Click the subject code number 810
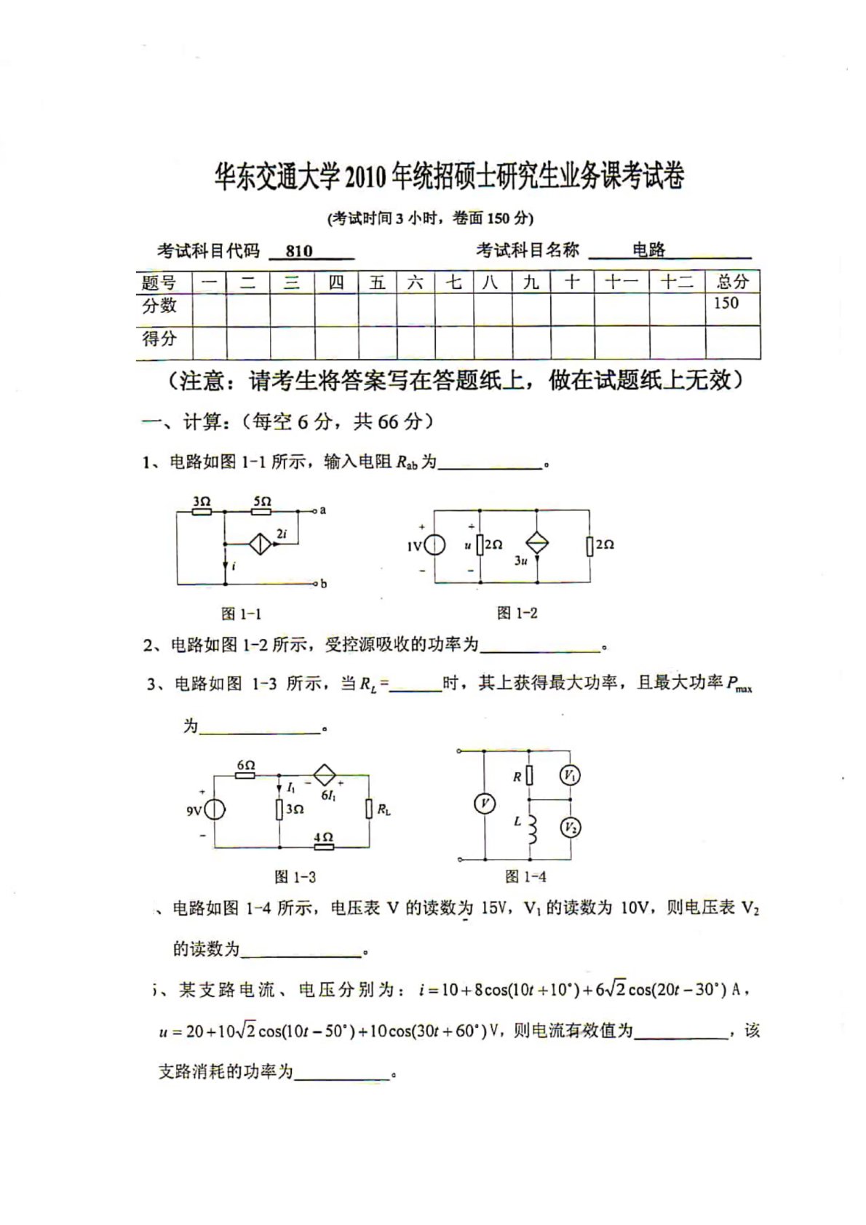coord(299,251)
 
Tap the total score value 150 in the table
coord(726,303)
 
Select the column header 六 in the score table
coord(415,282)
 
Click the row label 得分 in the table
coord(159,338)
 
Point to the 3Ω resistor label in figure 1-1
coord(202,502)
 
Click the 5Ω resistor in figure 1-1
coord(261,511)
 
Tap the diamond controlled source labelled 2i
coord(260,544)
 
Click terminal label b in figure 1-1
coord(323,584)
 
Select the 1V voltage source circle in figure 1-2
coord(434,546)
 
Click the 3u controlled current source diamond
coord(537,544)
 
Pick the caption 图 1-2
coord(517,613)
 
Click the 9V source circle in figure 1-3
coord(215,809)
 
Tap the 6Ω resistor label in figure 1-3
coord(245,765)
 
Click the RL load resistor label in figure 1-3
coord(384,809)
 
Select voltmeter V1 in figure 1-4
coord(570,776)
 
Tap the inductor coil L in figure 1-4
coord(532,829)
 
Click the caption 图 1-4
coord(525,876)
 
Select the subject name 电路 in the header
coord(648,250)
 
